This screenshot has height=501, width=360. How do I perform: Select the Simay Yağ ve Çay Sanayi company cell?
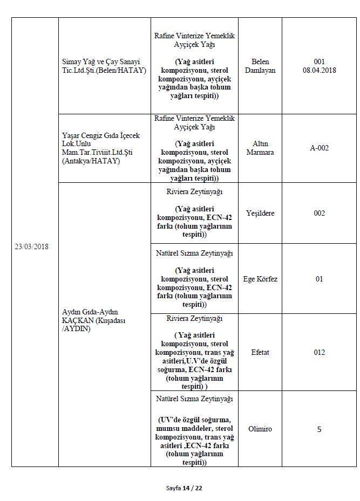point(104,66)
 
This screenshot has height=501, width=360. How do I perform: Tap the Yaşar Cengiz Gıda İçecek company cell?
point(97,148)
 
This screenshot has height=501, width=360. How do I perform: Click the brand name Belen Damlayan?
point(260,66)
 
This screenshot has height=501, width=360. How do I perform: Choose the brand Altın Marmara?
point(260,148)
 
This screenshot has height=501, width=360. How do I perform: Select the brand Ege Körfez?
point(260,279)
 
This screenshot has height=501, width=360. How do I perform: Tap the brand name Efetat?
point(260,352)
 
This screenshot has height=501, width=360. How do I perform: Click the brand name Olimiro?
point(260,429)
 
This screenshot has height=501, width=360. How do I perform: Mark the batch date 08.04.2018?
point(319,71)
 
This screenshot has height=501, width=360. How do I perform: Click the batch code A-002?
point(319,148)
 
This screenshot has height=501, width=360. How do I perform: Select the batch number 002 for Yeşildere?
point(319,213)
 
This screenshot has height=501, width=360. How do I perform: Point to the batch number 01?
point(319,279)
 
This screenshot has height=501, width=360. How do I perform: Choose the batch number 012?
point(319,352)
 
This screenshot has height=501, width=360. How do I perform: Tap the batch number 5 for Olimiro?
point(319,429)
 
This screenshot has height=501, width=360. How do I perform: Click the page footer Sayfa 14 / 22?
point(184,488)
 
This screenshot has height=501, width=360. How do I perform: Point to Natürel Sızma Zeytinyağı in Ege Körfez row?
point(194,253)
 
